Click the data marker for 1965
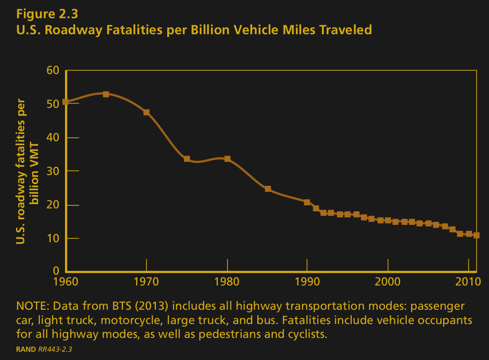106,94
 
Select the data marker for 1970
146,112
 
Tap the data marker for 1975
187,159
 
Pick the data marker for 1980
227,159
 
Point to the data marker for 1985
268,189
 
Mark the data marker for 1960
65,102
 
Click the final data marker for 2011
476,235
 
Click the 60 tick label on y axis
52,70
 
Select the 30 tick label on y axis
52,171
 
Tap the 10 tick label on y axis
52,238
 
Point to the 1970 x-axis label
146,281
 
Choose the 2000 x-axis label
388,281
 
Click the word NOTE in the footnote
32,306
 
